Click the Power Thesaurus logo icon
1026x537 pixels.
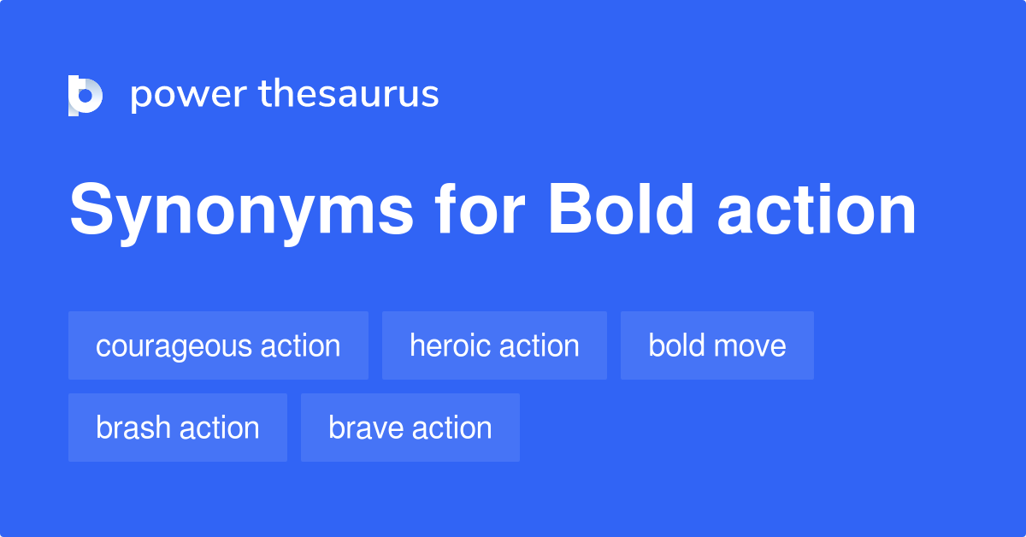85,95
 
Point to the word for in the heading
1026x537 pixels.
475,210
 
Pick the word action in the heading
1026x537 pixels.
817,210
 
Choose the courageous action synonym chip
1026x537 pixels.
218,345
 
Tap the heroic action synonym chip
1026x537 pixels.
494,345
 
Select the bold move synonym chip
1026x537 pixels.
717,345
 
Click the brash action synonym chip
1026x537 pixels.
178,428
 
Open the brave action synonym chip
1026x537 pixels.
410,428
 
